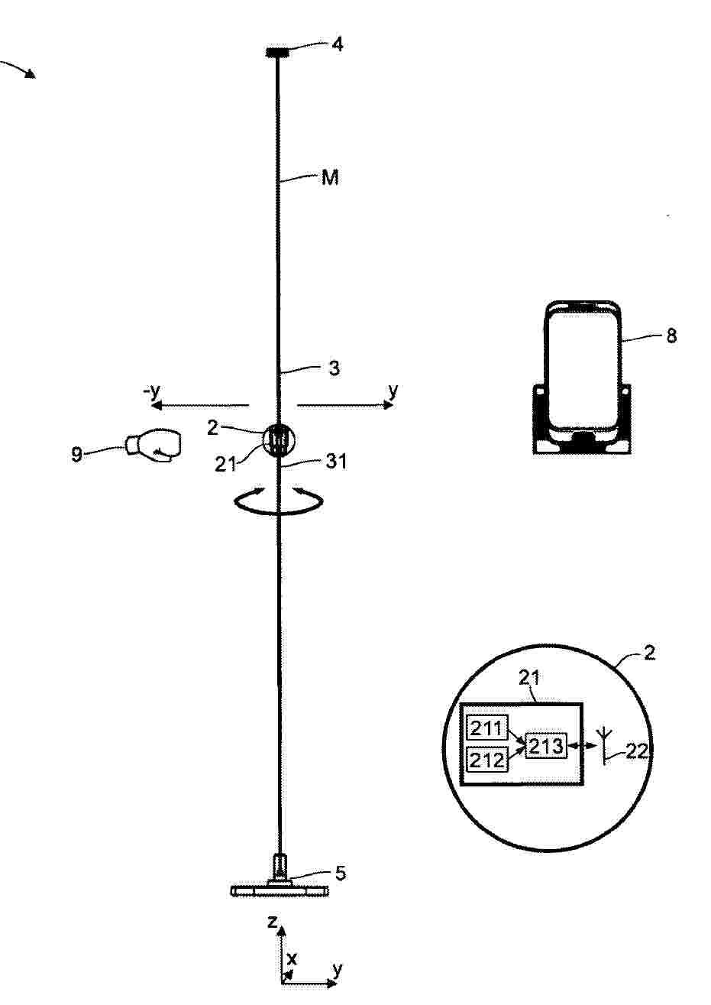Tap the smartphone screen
coord(583,369)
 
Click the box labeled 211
coord(487,728)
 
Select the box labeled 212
coord(487,759)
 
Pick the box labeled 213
coord(546,746)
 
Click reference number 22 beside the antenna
coord(636,751)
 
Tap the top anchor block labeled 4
coord(277,53)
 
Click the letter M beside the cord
coord(330,178)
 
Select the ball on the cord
coord(280,440)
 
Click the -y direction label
coord(151,392)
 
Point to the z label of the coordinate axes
coord(272,922)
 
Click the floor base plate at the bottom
coord(280,890)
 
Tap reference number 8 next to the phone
coord(671,336)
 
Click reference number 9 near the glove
coord(77,455)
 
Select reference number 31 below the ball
coord(336,462)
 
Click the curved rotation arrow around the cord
coord(279,512)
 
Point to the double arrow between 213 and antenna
coord(581,746)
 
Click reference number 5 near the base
coord(341,873)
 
